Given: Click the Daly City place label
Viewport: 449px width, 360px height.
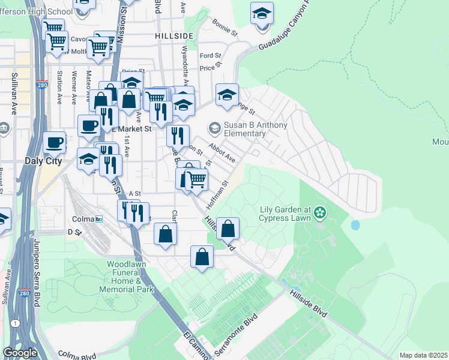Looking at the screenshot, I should click(x=25, y=161).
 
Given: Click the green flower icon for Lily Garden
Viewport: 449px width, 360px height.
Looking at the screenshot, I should click(x=320, y=212).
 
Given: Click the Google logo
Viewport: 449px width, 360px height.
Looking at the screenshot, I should click(x=20, y=353).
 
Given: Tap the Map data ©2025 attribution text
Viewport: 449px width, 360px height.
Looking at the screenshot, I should click(x=423, y=355).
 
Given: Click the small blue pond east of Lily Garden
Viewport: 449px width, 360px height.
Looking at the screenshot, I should click(x=355, y=226).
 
